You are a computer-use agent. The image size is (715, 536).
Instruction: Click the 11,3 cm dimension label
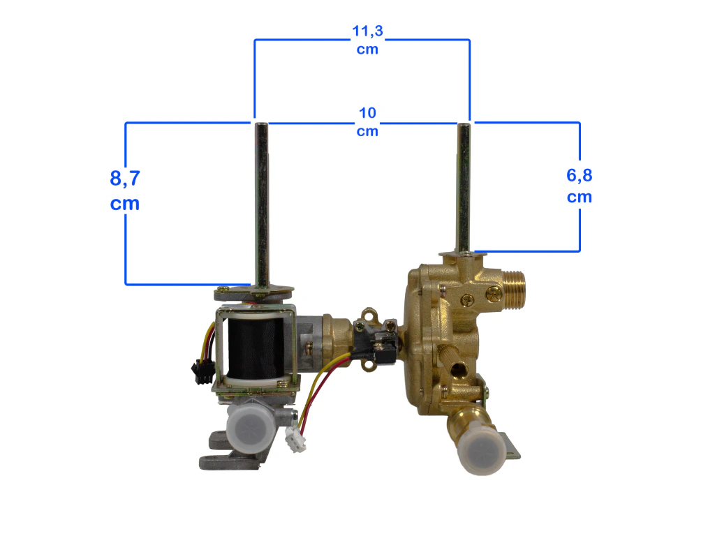(367, 40)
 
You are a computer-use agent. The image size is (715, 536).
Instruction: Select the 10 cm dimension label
(367, 121)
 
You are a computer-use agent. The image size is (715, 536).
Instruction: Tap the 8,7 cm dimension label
(125, 190)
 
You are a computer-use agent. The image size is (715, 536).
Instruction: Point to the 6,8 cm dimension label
(580, 186)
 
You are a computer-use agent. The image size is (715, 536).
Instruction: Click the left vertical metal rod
(261, 205)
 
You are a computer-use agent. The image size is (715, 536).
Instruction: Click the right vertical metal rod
(464, 187)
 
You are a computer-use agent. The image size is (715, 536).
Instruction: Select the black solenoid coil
(256, 349)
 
